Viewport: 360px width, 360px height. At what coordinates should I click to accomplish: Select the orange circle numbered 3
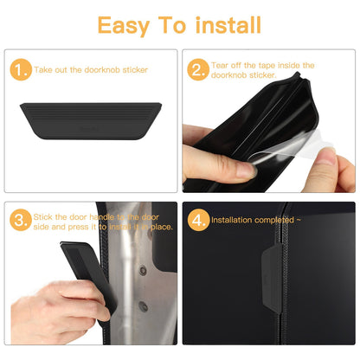20,219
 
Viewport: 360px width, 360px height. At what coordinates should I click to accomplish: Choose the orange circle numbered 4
198,220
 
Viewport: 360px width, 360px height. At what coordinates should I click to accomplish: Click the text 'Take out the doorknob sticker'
91,68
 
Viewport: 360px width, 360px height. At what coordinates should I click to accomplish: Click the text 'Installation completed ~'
256,221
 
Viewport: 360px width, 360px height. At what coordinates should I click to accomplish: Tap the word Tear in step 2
221,65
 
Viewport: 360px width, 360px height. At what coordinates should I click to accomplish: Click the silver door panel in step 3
130,277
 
